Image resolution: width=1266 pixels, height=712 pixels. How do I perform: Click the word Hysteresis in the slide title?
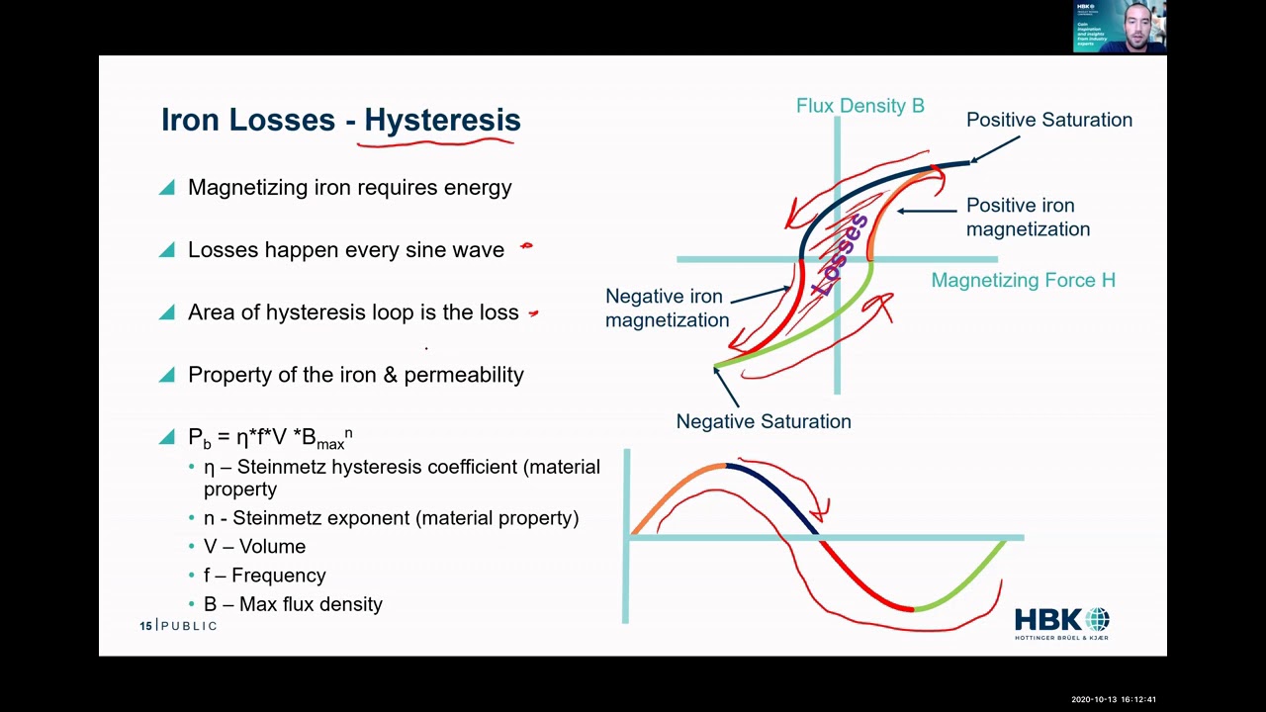442,120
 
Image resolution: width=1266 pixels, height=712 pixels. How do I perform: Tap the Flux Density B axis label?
859,106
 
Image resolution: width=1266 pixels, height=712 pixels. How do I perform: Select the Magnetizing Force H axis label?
1023,280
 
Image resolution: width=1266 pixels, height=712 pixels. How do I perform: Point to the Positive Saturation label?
1048,120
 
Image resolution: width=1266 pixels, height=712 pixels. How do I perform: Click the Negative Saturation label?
763,421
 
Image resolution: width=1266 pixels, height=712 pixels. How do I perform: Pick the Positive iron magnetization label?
1028,217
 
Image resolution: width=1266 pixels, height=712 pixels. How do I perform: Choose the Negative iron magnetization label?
667,308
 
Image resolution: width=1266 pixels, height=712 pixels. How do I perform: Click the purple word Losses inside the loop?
839,255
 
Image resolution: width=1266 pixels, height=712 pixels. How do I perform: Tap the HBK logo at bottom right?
1061,624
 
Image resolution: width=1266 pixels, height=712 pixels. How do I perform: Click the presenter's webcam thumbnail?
1120,26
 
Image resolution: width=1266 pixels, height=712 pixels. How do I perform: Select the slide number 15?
145,626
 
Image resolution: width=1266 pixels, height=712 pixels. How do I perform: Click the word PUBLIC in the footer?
189,626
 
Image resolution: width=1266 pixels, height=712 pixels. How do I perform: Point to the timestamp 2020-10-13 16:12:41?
1113,700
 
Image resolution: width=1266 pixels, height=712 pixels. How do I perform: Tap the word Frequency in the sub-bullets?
278,575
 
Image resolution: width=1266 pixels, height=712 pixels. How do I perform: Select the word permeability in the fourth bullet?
463,375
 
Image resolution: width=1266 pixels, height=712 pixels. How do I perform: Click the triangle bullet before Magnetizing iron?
166,187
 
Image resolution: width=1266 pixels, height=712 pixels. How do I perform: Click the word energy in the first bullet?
478,188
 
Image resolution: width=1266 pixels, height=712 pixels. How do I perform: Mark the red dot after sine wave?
526,246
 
